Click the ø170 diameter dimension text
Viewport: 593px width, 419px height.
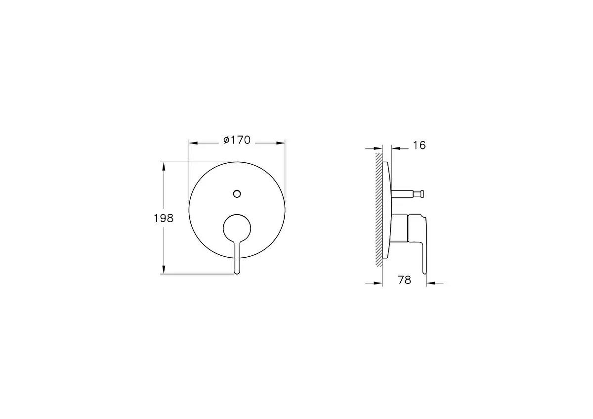(x=237, y=140)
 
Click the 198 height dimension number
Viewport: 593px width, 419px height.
(x=164, y=218)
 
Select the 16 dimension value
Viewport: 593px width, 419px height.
(x=419, y=145)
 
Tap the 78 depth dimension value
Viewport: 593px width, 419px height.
(x=404, y=280)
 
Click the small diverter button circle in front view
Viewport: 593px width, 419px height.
(x=237, y=193)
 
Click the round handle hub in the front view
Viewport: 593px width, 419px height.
(x=237, y=228)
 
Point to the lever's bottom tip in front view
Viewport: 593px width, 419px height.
(x=237, y=271)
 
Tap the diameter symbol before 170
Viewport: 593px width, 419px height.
(x=226, y=141)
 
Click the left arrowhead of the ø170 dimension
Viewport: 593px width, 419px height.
(x=193, y=143)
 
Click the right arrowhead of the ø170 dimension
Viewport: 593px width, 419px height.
(x=281, y=143)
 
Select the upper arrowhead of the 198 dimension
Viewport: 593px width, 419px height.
(x=164, y=165)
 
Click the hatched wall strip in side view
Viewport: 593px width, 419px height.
(x=379, y=208)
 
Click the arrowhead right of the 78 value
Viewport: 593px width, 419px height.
(x=430, y=283)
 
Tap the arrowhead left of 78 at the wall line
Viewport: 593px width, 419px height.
(x=379, y=283)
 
